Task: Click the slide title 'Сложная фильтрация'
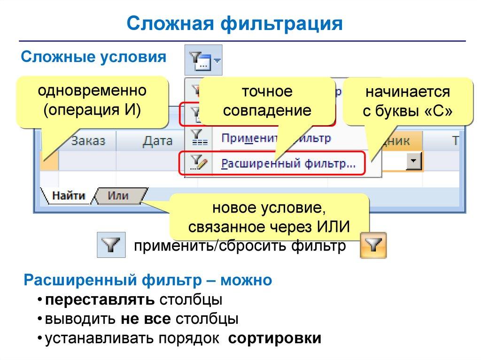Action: click(234, 23)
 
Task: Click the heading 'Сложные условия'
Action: click(93, 57)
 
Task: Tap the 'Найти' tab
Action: click(68, 196)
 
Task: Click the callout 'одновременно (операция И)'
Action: click(93, 101)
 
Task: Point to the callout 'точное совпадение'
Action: click(267, 101)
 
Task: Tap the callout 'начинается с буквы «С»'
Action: click(407, 101)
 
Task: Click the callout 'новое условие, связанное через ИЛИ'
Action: click(269, 217)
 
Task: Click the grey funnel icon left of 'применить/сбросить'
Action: click(111, 245)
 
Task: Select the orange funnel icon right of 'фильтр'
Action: click(373, 245)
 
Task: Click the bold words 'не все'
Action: click(146, 319)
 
